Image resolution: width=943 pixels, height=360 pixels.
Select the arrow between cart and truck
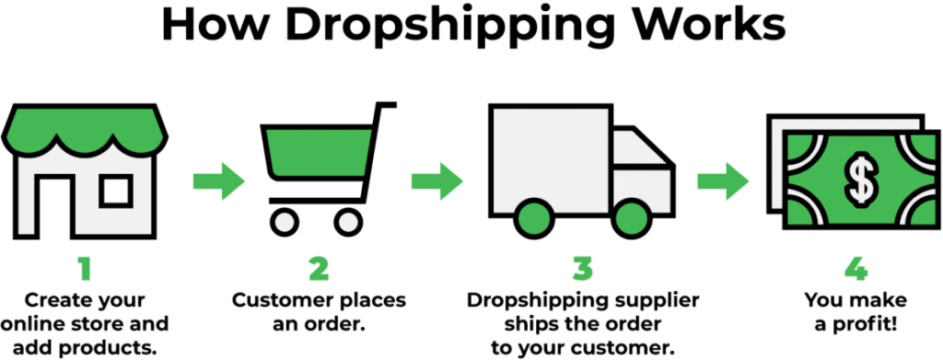[437, 180]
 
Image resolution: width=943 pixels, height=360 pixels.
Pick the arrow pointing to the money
[723, 180]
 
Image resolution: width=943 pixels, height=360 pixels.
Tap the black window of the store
[117, 190]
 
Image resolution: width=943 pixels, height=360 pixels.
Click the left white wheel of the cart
[285, 222]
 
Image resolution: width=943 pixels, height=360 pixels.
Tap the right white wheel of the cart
[348, 222]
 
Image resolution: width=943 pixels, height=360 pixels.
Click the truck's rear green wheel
[534, 216]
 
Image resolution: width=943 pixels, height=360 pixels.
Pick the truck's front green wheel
[632, 216]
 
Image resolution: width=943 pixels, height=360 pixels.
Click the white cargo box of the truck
[551, 152]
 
